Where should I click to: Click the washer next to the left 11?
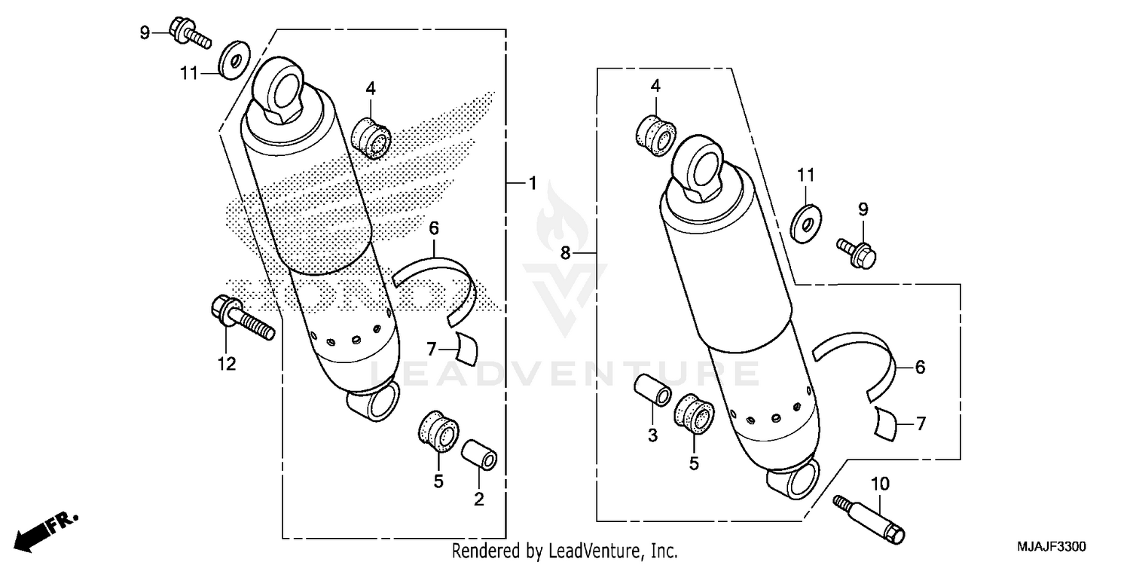click(235, 60)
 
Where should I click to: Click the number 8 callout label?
click(565, 255)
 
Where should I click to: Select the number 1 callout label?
click(532, 182)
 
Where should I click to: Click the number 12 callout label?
click(227, 365)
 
